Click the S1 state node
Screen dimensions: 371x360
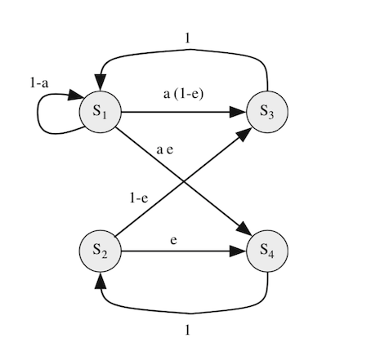[101, 112]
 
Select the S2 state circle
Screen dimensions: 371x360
[101, 251]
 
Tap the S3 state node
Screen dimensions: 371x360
[267, 112]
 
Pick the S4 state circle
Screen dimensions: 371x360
[267, 251]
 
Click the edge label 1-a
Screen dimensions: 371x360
[39, 82]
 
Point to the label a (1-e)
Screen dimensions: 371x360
[183, 94]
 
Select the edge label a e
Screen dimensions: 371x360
[165, 149]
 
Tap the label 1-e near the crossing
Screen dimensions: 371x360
[139, 198]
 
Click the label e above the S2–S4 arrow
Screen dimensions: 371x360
[173, 240]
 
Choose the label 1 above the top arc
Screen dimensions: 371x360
[187, 38]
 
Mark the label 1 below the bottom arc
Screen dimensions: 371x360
[187, 330]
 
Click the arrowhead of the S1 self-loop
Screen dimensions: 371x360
[76, 95]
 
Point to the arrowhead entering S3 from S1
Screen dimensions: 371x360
[238, 112]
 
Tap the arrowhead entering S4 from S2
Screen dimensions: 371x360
[238, 251]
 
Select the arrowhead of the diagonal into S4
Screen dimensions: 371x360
[244, 228]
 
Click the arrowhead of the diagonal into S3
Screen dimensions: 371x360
[244, 135]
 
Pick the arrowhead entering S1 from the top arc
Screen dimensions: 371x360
[101, 82]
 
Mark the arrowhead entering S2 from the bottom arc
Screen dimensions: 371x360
[101, 281]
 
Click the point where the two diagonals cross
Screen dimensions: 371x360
[184, 181]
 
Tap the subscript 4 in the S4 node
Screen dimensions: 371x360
[271, 255]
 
